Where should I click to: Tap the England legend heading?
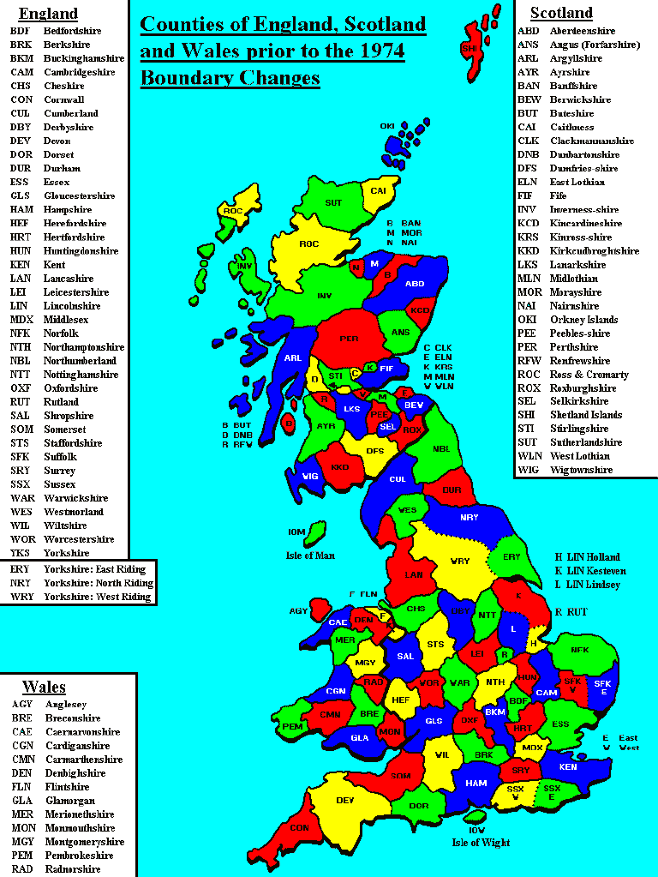click(x=48, y=13)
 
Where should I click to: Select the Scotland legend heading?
click(x=561, y=12)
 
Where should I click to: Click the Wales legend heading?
click(x=44, y=687)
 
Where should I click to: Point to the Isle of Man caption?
click(x=309, y=556)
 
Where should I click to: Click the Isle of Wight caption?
click(x=481, y=842)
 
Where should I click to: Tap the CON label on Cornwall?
click(x=299, y=828)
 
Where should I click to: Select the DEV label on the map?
click(x=345, y=800)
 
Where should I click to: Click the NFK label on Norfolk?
click(x=580, y=650)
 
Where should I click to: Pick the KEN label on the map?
click(x=568, y=766)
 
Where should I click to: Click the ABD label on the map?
click(x=415, y=283)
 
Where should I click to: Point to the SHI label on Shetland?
click(x=469, y=49)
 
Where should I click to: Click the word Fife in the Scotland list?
click(x=558, y=195)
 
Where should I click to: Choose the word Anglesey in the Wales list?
click(x=65, y=705)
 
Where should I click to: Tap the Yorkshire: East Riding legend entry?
click(x=94, y=569)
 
